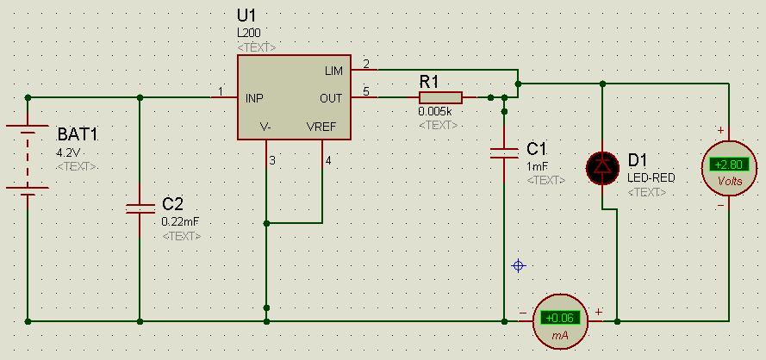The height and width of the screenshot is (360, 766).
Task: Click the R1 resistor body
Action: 440,97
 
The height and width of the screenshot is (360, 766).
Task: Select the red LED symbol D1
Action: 601,167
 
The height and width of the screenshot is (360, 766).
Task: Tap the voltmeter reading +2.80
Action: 729,164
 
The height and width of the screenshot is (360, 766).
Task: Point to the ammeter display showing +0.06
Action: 561,318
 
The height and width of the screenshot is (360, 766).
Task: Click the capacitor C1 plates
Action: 504,153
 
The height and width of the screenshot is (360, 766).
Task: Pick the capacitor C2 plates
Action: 140,208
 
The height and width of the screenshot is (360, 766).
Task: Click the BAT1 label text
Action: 78,135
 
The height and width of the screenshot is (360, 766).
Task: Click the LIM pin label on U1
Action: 333,70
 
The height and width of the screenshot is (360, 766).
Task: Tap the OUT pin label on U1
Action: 331,98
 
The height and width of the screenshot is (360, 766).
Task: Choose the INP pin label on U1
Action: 254,98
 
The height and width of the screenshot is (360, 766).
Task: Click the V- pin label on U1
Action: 266,127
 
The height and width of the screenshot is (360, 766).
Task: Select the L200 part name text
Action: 249,32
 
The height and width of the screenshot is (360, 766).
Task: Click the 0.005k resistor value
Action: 435,112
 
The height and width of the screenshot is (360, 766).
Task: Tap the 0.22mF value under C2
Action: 180,221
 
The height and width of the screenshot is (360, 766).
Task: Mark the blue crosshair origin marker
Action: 519,266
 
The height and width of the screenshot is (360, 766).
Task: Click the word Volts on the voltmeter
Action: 729,182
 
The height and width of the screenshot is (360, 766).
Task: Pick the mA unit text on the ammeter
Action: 561,335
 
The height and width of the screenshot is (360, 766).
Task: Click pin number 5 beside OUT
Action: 366,91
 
